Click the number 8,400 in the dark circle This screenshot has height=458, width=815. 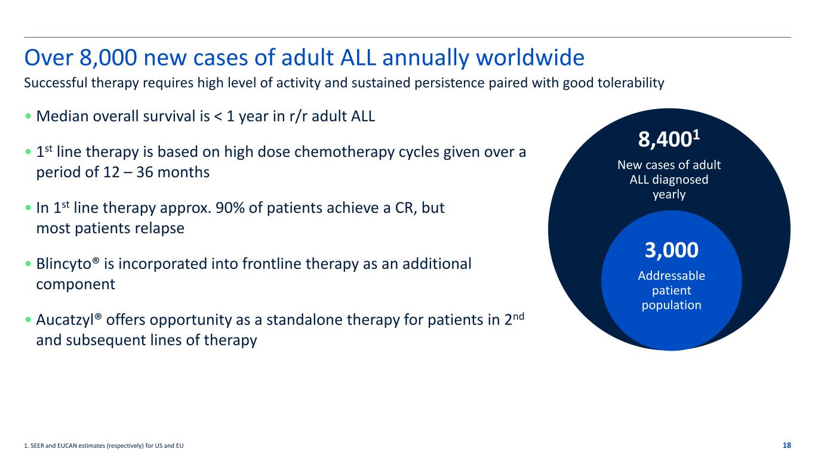click(x=665, y=139)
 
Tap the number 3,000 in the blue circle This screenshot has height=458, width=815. click(x=671, y=250)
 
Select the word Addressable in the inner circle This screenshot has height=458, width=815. click(x=671, y=276)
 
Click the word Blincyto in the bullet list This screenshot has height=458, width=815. click(x=64, y=264)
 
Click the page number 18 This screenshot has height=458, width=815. click(x=786, y=445)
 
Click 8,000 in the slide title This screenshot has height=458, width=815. click(x=108, y=58)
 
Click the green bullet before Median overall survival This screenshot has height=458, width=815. click(x=29, y=116)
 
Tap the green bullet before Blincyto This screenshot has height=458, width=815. click(x=29, y=264)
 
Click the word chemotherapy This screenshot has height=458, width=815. click(x=344, y=152)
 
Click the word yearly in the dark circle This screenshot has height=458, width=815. click(x=669, y=194)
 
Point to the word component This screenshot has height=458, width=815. click(x=75, y=284)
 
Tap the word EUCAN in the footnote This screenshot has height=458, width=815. click(x=66, y=445)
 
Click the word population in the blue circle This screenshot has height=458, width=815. click(x=671, y=305)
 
